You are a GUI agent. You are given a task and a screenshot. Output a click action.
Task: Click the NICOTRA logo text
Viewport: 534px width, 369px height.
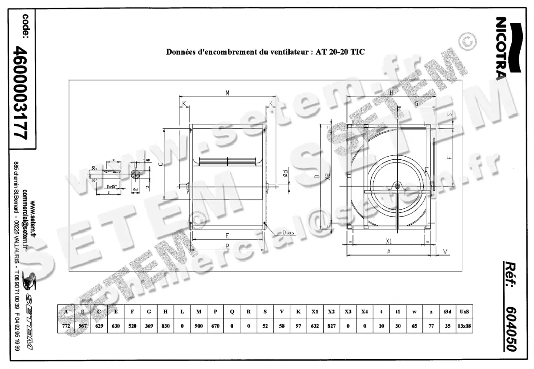[500, 47]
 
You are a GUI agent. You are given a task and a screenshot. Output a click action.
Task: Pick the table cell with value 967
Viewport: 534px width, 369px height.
[83, 325]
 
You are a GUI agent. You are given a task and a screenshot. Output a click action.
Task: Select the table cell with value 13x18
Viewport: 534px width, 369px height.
[464, 325]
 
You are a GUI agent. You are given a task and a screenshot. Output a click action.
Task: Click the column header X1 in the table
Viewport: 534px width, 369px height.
[315, 312]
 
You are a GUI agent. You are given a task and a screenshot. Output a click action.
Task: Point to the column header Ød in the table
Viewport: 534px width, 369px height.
[447, 312]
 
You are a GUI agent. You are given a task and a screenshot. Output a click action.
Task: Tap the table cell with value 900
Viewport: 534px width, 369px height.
[198, 325]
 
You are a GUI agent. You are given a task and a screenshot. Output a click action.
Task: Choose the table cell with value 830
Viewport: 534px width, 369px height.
[166, 325]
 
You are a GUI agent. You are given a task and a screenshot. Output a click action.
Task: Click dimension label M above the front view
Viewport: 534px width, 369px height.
[227, 93]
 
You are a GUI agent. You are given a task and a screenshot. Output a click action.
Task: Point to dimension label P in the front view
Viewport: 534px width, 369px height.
[227, 246]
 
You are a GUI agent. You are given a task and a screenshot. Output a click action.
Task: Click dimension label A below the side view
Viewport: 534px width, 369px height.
[388, 251]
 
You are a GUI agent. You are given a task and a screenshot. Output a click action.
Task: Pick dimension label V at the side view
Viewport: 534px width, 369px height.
[445, 252]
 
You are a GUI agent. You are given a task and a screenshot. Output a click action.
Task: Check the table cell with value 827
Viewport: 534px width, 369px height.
[331, 325]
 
